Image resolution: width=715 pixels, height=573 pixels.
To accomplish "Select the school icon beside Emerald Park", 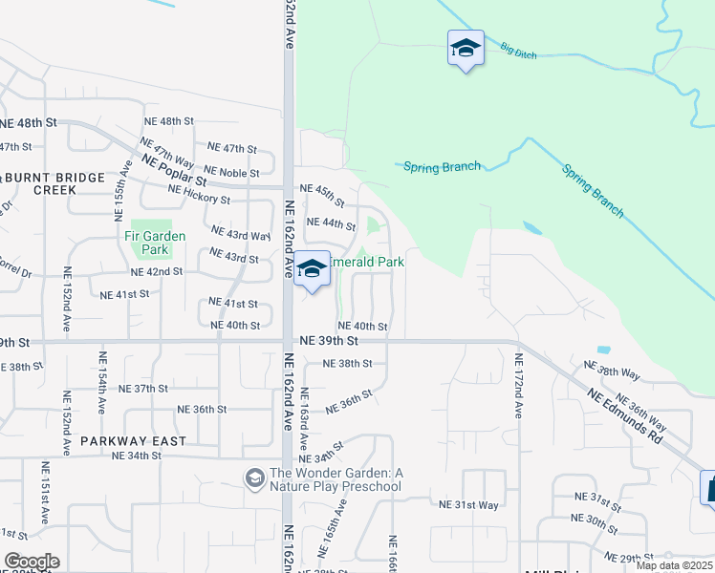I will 312,270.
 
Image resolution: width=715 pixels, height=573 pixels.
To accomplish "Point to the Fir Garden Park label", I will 155,243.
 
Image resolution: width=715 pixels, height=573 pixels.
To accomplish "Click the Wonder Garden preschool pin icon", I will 254,477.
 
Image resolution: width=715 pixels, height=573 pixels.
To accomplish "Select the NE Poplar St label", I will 173,170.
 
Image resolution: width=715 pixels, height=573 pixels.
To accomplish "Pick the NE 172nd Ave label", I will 519,386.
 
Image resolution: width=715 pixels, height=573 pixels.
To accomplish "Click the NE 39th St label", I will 328,340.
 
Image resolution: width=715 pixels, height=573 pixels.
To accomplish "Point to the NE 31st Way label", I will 468,504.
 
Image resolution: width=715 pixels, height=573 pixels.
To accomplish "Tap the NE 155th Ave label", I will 127,181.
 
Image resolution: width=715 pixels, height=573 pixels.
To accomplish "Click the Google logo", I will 32,562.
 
